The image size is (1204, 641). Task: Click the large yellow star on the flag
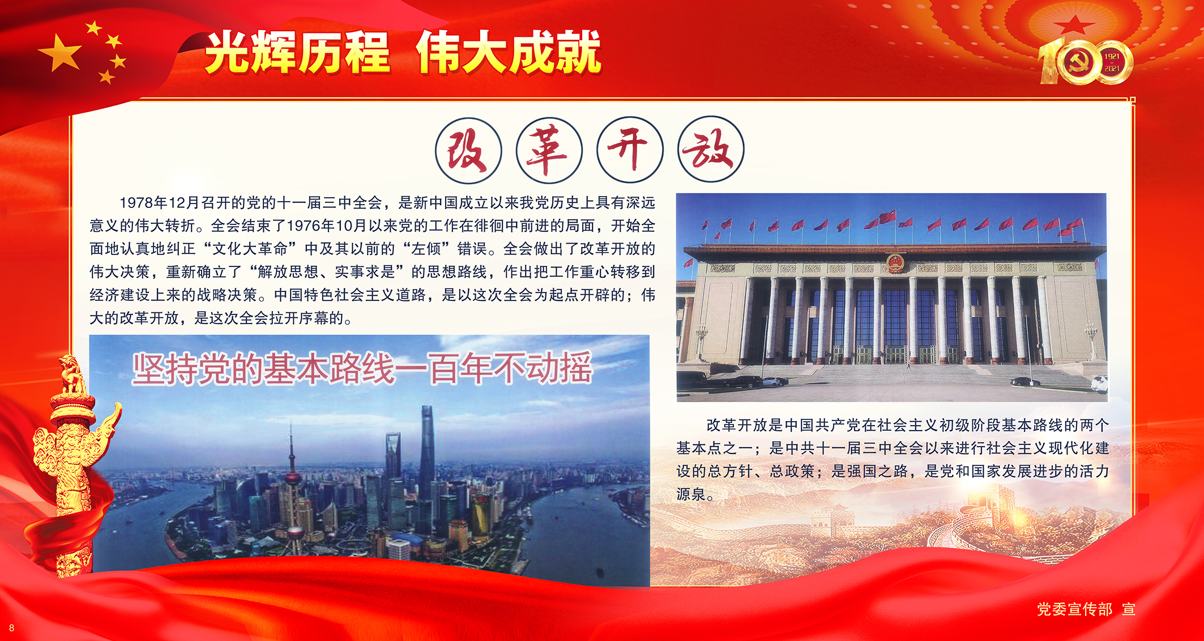[59, 52]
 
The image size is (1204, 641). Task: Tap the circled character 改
[468, 151]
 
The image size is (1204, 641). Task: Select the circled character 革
[549, 151]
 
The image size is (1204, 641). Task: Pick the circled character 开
[630, 150]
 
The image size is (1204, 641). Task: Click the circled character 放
[711, 150]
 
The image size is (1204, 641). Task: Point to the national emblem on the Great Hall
[895, 262]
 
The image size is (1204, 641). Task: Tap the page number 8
[11, 628]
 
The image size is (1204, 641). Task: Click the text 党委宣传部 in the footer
[1074, 609]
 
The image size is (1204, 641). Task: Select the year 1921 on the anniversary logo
[1112, 56]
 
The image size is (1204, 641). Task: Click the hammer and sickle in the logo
[1079, 62]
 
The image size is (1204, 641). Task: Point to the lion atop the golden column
[71, 375]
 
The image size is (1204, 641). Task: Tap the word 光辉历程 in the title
[297, 53]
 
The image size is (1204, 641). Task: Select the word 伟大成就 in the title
[509, 53]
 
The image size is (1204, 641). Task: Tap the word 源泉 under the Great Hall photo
[691, 494]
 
